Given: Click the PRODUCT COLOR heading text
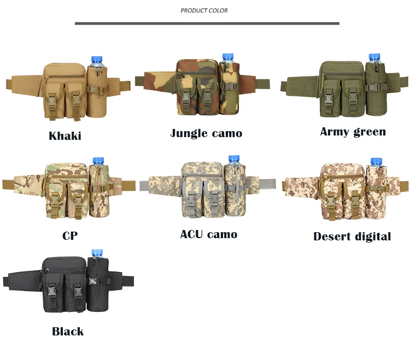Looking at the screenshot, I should pyautogui.click(x=204, y=10).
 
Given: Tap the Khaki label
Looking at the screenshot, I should pyautogui.click(x=65, y=136).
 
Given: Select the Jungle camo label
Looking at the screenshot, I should pyautogui.click(x=206, y=133).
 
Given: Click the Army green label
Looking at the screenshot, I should pyautogui.click(x=353, y=132).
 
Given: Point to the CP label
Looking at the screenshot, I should pyautogui.click(x=70, y=236).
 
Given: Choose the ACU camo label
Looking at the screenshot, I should pyautogui.click(x=208, y=234).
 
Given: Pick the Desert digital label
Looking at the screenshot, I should pyautogui.click(x=352, y=237).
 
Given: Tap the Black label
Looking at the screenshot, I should pyautogui.click(x=68, y=331).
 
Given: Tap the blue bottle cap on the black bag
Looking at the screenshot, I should pyautogui.click(x=97, y=252).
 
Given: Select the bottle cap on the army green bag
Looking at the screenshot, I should pyautogui.click(x=374, y=57).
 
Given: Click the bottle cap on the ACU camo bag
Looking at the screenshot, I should pyautogui.click(x=234, y=160).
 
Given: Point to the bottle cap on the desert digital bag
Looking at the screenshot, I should pyautogui.click(x=376, y=162).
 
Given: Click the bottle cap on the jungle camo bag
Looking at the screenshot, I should pyautogui.click(x=228, y=57).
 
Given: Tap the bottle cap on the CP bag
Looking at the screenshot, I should pyautogui.click(x=98, y=161).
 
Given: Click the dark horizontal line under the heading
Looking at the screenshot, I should pyautogui.click(x=207, y=23).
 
